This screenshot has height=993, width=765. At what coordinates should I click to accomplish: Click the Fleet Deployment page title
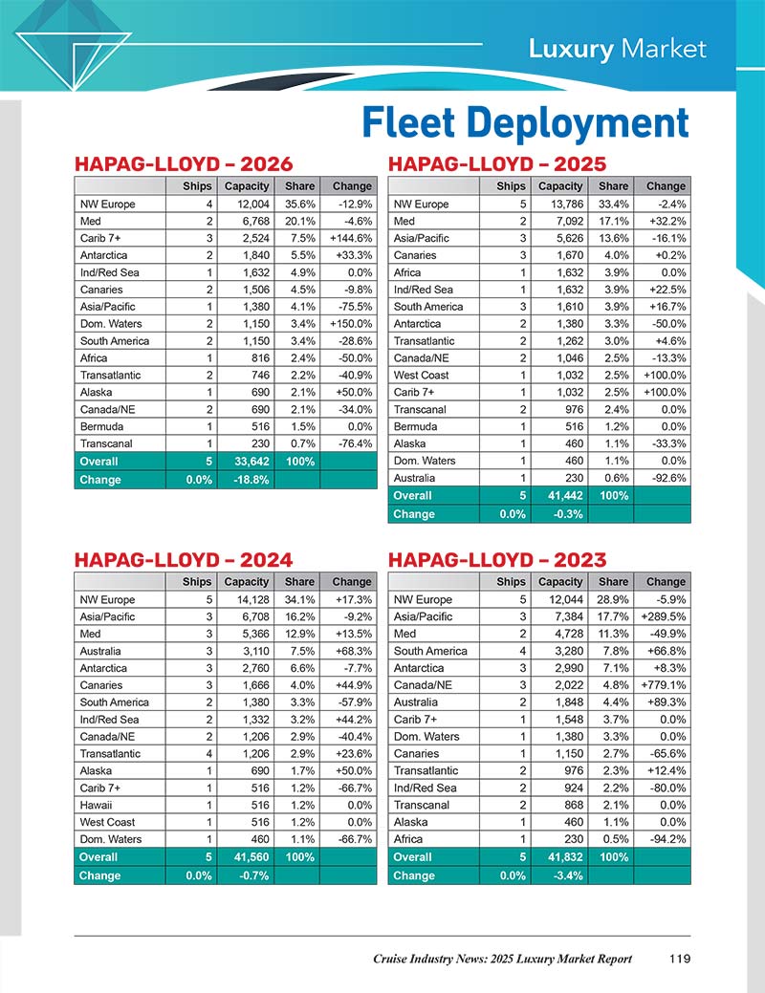pyautogui.click(x=525, y=124)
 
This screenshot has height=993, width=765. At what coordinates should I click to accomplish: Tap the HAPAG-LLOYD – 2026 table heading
pyautogui.click(x=184, y=164)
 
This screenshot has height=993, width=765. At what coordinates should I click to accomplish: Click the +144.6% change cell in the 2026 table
pyautogui.click(x=346, y=238)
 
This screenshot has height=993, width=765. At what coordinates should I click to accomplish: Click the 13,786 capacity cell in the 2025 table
pyautogui.click(x=560, y=204)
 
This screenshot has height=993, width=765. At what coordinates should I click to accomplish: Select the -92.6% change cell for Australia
pyautogui.click(x=662, y=479)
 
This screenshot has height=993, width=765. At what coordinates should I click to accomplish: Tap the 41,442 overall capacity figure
pyautogui.click(x=560, y=496)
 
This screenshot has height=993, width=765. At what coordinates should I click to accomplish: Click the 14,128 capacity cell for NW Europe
pyautogui.click(x=247, y=599)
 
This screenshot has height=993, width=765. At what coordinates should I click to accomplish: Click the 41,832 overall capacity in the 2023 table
pyautogui.click(x=560, y=857)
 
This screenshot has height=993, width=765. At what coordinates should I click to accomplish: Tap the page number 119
pyautogui.click(x=680, y=959)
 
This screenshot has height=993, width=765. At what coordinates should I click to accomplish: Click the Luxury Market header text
pyautogui.click(x=618, y=49)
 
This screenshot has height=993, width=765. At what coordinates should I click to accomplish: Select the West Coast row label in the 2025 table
pyautogui.click(x=422, y=376)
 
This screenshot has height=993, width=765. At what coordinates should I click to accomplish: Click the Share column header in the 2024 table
pyautogui.click(x=299, y=581)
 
